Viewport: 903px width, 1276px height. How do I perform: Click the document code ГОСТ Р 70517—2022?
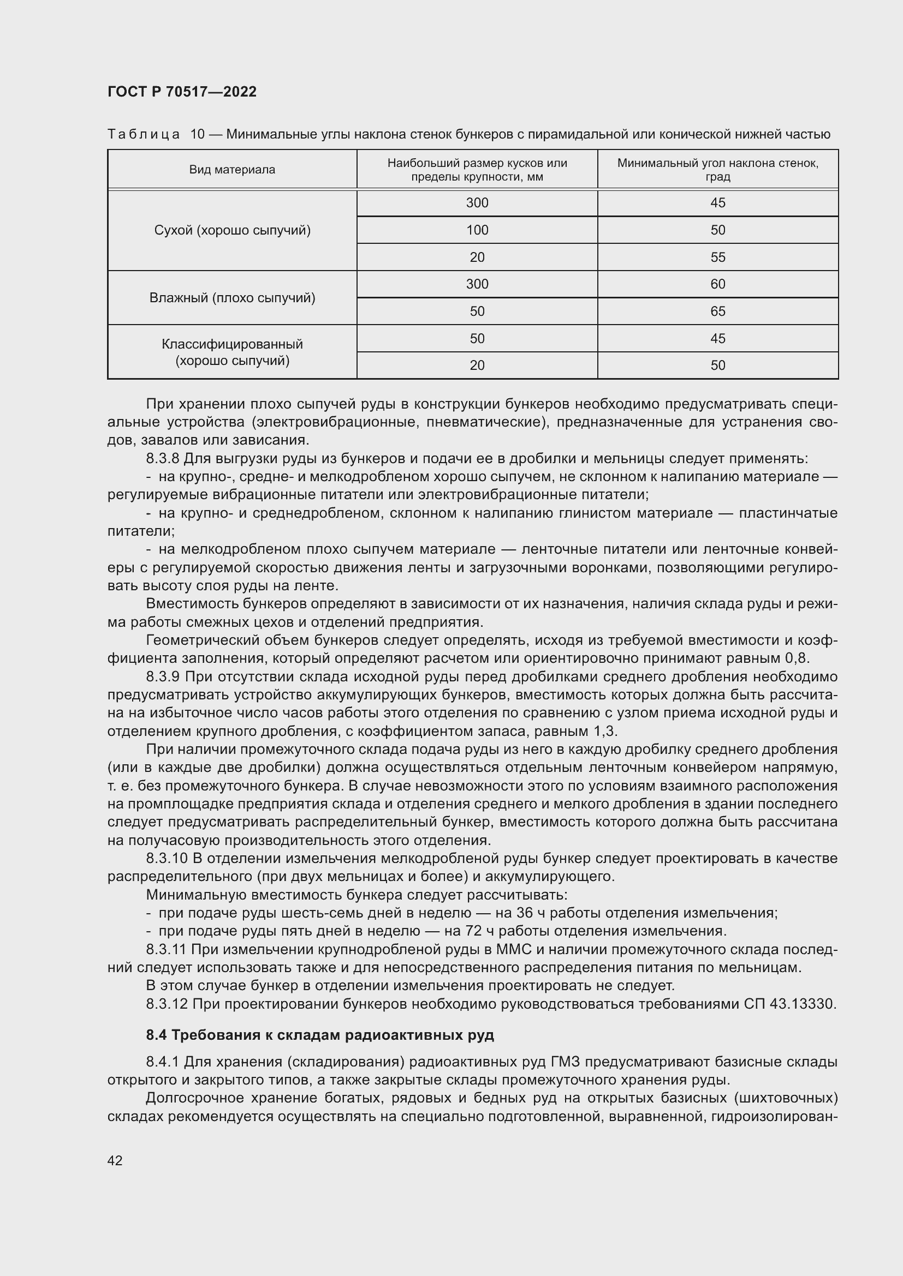pyautogui.click(x=182, y=92)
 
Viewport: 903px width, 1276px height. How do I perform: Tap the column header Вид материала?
pyautogui.click(x=232, y=170)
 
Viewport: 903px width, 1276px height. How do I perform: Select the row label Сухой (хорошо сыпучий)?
pyautogui.click(x=232, y=230)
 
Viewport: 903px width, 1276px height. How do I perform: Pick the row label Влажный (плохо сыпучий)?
pyautogui.click(x=232, y=298)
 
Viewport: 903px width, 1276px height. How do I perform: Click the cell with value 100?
pyautogui.click(x=477, y=230)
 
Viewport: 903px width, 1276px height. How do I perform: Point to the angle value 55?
pyautogui.click(x=717, y=257)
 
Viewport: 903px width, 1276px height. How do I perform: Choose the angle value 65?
pyautogui.click(x=717, y=311)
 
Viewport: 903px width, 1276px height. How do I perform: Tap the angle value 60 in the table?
pyautogui.click(x=717, y=284)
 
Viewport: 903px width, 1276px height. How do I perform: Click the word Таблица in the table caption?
pyautogui.click(x=144, y=135)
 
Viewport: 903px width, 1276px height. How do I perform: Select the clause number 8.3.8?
pyautogui.click(x=162, y=458)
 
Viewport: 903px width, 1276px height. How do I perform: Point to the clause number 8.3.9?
pyautogui.click(x=162, y=677)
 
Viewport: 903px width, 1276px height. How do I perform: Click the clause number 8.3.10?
pyautogui.click(x=167, y=859)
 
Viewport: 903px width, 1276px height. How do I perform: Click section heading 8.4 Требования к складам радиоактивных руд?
pyautogui.click(x=320, y=1035)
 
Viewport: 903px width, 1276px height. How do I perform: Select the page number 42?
pyautogui.click(x=115, y=1160)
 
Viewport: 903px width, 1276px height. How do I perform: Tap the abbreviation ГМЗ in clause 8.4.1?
pyautogui.click(x=565, y=1062)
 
